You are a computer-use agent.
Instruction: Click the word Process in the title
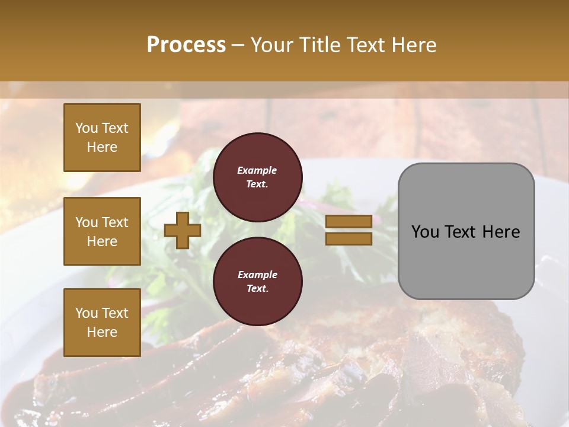pos(186,45)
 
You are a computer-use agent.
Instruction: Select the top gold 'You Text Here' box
pos(102,138)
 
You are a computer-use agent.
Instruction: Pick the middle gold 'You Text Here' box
pos(102,231)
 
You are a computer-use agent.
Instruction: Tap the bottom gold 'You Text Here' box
pos(102,323)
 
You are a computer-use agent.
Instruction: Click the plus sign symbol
pos(183,230)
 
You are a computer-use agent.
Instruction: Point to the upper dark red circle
pos(257,177)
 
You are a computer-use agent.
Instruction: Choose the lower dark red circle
pos(257,282)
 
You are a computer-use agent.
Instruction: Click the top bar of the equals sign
pos(349,221)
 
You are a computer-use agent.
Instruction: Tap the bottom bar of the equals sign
pos(349,238)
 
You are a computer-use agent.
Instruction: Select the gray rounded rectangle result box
pos(466,231)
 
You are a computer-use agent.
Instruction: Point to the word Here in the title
pos(413,45)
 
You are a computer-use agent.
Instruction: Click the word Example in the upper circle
pos(257,170)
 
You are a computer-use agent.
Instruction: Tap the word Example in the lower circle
pos(257,275)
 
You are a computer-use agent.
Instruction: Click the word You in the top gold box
pos(86,128)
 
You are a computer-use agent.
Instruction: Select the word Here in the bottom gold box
pos(102,332)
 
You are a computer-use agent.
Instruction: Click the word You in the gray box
pos(425,232)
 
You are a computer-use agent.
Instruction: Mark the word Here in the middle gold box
pos(102,241)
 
